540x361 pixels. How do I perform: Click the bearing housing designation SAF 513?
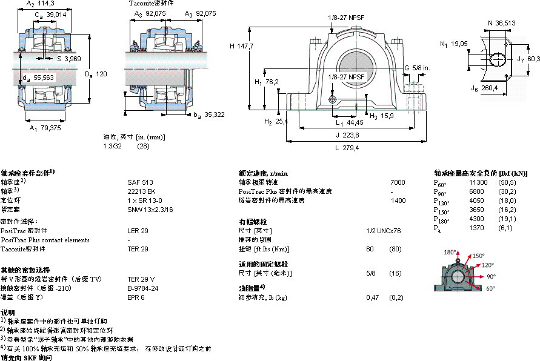coord(136,182)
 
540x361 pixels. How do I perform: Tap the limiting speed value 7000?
coord(398,182)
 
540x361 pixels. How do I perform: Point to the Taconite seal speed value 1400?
coord(398,200)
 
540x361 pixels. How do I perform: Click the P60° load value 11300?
coord(478,182)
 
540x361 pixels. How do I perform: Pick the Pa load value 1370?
coord(478,228)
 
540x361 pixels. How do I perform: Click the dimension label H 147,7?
coord(241,45)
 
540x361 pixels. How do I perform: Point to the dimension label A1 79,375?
coord(45,128)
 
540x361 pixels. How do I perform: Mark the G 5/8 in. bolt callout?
coord(416,67)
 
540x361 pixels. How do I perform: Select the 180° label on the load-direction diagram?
coord(450,252)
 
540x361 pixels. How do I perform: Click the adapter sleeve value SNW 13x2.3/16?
coord(150,209)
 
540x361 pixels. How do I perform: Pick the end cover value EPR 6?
coord(136,297)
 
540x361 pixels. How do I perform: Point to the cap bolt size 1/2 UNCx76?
coord(384,231)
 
